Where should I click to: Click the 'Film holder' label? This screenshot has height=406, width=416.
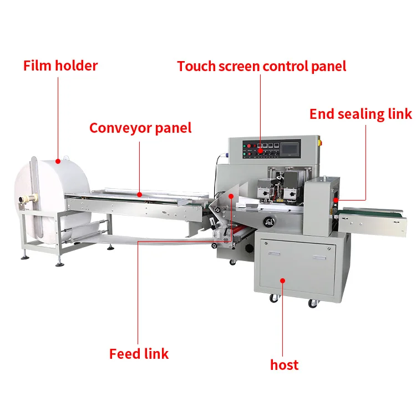coord(60,66)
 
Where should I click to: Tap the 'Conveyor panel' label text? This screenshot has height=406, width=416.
coord(140,128)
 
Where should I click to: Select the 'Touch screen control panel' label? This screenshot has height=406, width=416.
coord(261,66)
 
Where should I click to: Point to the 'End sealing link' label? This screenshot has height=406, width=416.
coord(361,114)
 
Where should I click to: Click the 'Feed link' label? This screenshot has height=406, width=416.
coord(139,354)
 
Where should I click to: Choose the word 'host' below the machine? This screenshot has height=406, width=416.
coord(284,365)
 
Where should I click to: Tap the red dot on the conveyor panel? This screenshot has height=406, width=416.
coord(140,194)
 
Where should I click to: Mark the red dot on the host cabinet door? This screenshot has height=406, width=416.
coord(283,281)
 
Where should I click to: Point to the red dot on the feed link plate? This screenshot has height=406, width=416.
coord(230,196)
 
